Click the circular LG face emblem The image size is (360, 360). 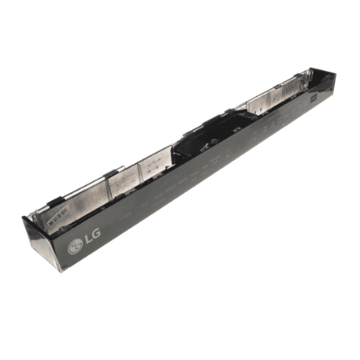tap(75, 245)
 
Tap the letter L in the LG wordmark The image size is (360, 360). tap(87, 239)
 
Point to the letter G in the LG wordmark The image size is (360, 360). tap(95, 233)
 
